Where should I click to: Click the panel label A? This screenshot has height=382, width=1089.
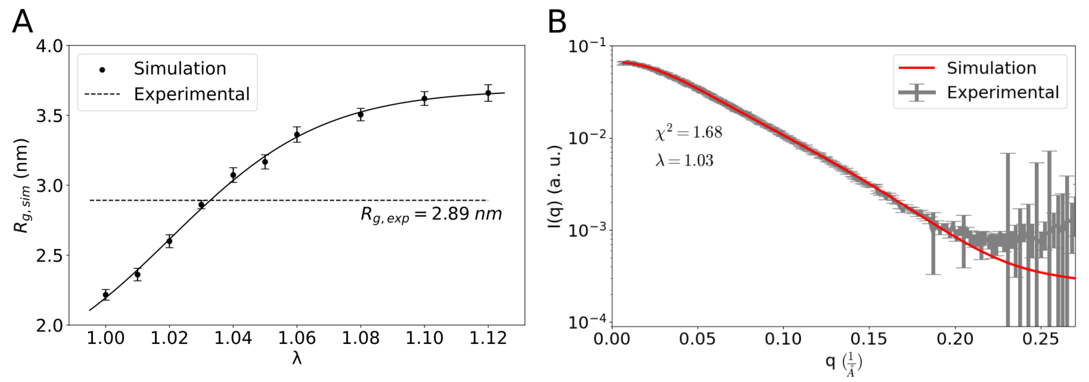[x=22, y=22]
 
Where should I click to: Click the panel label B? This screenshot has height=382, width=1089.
[x=557, y=22]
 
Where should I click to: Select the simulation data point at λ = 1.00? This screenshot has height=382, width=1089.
[x=106, y=295]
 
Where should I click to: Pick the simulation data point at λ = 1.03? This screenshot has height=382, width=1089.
[x=201, y=205]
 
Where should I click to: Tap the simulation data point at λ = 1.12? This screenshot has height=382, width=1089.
[x=488, y=93]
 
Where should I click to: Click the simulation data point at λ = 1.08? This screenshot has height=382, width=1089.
[x=361, y=114]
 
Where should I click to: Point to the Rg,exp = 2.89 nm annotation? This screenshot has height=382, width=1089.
[x=431, y=214]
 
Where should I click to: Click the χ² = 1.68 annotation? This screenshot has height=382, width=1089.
[x=689, y=133]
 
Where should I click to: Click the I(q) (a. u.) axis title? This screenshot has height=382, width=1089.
[x=555, y=186]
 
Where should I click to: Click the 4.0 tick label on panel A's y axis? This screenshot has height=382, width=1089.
[x=49, y=46]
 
